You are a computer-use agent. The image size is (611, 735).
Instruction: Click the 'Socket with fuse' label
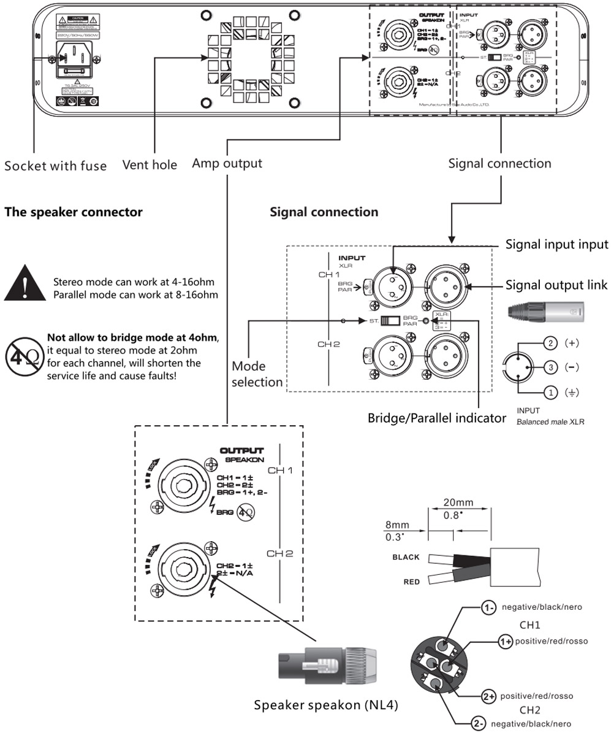(x=55, y=165)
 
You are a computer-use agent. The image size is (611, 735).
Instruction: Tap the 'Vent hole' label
(x=150, y=164)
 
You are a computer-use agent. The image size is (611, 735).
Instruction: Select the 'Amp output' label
(x=227, y=163)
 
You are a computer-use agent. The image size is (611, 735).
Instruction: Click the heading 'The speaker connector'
(x=74, y=212)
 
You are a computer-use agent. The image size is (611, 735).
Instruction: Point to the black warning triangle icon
(x=25, y=283)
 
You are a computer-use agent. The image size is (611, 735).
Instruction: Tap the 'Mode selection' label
(x=257, y=374)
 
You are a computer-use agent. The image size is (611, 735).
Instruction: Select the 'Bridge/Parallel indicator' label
(x=436, y=418)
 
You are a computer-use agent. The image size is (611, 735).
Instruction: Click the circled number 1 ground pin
(x=551, y=391)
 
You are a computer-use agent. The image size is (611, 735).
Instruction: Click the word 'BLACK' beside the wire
(x=406, y=557)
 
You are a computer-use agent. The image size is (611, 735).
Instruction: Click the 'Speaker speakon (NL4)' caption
(x=327, y=704)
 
